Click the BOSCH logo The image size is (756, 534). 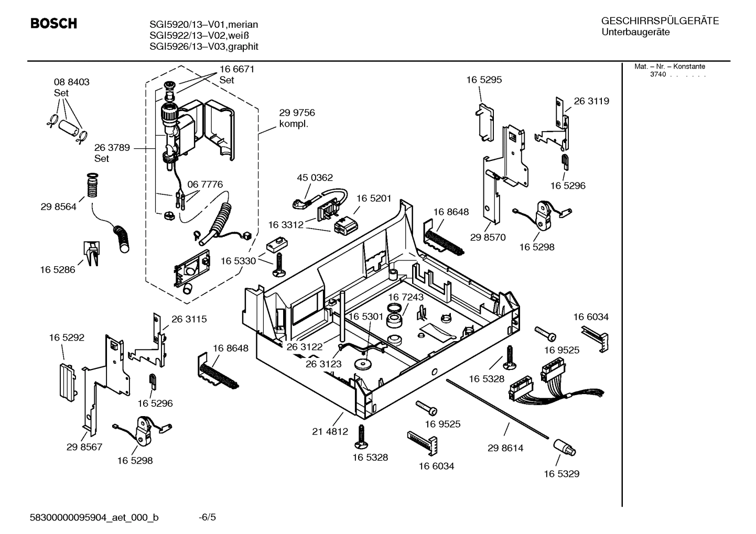point(53,24)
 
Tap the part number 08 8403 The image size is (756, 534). point(71,82)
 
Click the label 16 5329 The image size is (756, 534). point(561,474)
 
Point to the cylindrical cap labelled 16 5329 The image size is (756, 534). point(563,449)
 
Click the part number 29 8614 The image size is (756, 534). point(505,448)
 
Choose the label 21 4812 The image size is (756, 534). point(330,432)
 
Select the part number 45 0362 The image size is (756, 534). point(315,178)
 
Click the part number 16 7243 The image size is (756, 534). point(405,297)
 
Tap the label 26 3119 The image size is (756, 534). point(591,101)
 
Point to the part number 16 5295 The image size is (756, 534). point(483,80)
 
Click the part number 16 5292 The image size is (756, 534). point(67,338)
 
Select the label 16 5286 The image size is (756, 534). point(57,270)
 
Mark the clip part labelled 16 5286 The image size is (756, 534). point(91,253)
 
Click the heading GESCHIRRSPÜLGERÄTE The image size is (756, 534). point(660,21)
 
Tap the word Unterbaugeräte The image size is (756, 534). point(635,32)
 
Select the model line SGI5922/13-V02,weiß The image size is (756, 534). point(199,36)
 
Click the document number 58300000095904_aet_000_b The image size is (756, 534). point(94,518)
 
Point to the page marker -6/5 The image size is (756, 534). point(207,518)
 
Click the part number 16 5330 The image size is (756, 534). point(238,261)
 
